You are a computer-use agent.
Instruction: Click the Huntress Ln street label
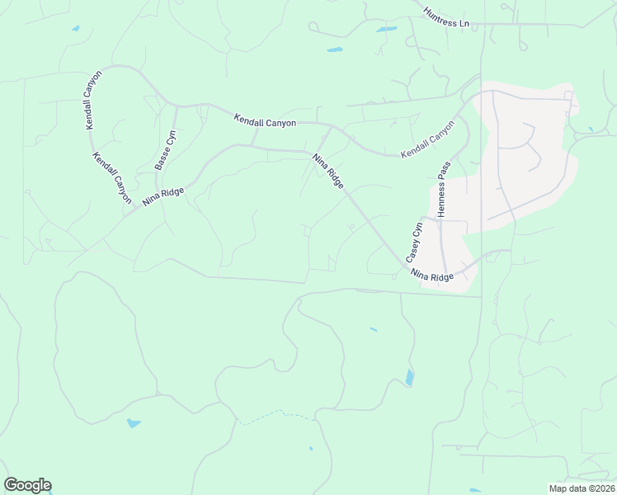(445, 17)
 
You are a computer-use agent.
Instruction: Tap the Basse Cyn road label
(166, 149)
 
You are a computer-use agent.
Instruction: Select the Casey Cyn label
(414, 240)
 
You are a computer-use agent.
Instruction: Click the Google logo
(27, 485)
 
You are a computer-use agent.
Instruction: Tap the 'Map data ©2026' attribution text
(581, 488)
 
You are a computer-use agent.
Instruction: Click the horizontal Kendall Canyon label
(265, 121)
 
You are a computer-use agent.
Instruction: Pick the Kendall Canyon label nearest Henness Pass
(427, 141)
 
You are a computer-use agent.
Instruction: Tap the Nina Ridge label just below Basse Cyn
(162, 196)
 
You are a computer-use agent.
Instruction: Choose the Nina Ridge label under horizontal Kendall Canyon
(327, 171)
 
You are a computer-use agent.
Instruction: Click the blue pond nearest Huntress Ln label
(386, 30)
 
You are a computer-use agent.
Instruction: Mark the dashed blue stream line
(277, 416)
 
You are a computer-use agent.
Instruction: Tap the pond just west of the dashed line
(133, 423)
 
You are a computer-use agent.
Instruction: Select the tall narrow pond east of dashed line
(409, 378)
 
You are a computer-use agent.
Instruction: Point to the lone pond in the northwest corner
(75, 29)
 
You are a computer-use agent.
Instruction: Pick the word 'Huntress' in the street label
(440, 15)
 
